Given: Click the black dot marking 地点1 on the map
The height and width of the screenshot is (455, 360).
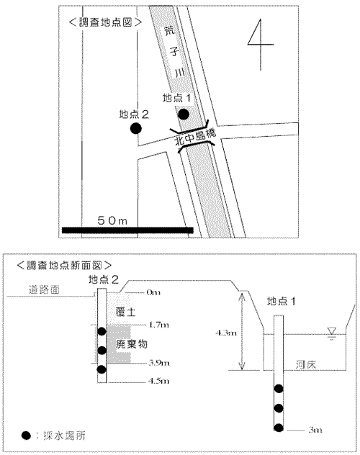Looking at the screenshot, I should (x=184, y=114).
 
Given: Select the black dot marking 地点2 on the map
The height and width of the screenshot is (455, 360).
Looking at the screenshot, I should (x=135, y=128).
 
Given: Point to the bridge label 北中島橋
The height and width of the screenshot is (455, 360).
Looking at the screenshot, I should (x=193, y=135).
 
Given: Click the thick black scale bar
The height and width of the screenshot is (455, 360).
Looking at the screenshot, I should (x=127, y=230).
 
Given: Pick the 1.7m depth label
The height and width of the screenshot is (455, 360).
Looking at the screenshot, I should (x=158, y=325).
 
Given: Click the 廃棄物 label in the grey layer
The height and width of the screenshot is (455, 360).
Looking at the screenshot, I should (x=130, y=345).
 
